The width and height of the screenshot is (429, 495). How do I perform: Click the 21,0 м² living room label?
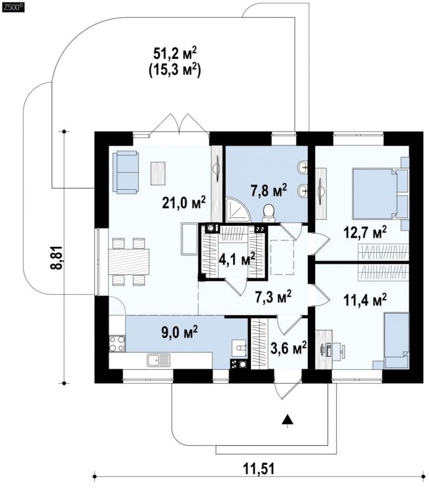pos(184,203)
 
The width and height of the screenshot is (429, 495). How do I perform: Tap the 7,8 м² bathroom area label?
pos(269,191)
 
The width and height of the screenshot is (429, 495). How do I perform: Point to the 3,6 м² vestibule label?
pos(289,348)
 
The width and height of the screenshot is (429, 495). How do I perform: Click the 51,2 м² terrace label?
pos(175,53)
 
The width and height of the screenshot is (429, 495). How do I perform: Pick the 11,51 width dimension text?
pos(259,469)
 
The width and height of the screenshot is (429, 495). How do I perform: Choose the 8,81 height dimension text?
pos(56,257)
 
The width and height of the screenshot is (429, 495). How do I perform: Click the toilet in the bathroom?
pos(269,212)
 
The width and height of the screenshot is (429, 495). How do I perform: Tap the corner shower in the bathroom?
pos(236,209)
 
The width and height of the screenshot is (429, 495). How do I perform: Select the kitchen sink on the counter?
pos(159,360)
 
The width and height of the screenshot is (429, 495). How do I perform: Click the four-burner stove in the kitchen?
pos(117,344)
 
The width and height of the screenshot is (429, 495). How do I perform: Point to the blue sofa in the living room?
pos(126,172)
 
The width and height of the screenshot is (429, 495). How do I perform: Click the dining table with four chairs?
pos(128,262)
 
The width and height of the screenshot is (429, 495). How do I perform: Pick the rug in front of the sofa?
pos(158,173)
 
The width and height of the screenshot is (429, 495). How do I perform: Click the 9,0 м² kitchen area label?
pos(179,333)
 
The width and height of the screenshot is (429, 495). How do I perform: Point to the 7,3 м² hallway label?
pos(273,297)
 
